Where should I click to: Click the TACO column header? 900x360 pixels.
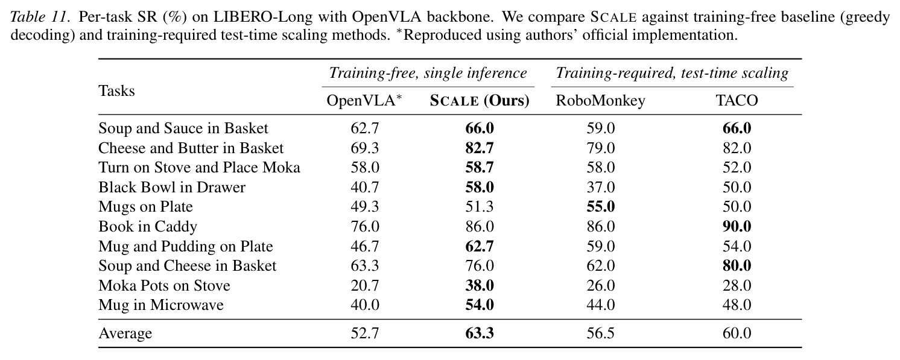(737, 100)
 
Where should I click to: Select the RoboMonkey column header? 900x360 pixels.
(600, 101)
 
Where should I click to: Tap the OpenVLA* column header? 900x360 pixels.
(364, 100)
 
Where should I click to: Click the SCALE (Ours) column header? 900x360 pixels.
(480, 101)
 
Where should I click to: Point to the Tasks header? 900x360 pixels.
(116, 91)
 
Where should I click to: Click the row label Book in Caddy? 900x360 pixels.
(147, 227)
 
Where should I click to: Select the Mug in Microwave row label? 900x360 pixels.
(160, 305)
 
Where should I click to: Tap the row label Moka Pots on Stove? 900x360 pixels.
(164, 285)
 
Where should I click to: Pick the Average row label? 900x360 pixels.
(125, 333)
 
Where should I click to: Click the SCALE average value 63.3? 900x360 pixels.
(480, 333)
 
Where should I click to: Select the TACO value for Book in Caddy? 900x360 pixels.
(737, 226)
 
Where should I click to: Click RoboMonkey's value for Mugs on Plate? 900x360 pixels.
(600, 206)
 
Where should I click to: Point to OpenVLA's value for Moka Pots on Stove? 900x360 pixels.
(364, 285)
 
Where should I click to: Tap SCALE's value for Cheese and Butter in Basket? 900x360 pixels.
(480, 148)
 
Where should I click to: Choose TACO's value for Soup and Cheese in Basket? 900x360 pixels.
(737, 265)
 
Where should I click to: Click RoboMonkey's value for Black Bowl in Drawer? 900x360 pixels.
(600, 187)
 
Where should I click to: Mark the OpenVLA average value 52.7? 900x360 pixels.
(364, 333)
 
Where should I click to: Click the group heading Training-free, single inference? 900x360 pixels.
(428, 73)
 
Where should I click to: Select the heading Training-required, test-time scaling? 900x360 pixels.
(672, 73)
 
